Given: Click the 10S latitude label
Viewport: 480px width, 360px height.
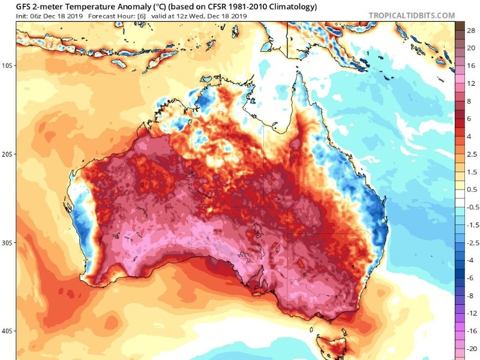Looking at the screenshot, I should point(8,65).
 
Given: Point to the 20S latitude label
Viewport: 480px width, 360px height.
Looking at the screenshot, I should point(8,154).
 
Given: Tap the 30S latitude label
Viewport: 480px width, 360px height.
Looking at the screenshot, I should point(8,242).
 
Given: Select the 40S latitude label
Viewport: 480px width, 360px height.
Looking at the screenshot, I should point(8,331).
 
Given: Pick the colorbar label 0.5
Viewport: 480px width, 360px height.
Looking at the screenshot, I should point(472,190).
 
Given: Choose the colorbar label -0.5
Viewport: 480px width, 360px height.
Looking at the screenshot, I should point(472,207).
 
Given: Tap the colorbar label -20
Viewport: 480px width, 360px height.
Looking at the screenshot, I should point(472,348).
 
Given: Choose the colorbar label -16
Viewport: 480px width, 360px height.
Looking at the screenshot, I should point(472,331).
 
